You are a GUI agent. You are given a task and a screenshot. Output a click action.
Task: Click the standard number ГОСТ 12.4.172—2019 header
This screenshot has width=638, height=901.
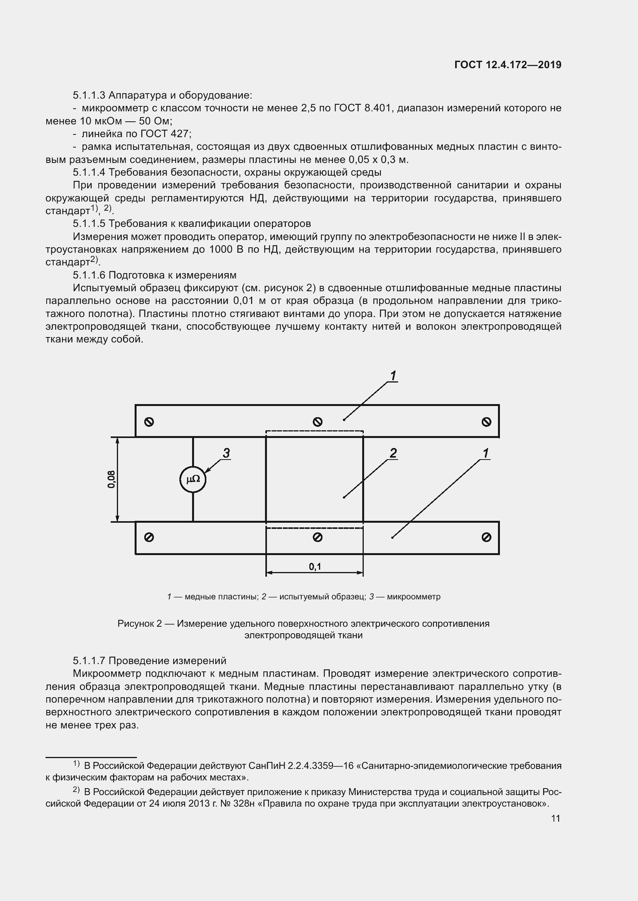(508, 65)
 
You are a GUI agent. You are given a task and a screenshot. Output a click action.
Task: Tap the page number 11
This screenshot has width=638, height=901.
(555, 818)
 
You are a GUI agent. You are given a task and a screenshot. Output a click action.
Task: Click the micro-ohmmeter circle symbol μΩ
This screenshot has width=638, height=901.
(193, 479)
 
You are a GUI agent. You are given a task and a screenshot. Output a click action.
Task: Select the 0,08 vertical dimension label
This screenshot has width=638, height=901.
(111, 479)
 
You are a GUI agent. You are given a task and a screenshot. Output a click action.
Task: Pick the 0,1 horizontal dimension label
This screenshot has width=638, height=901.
(315, 566)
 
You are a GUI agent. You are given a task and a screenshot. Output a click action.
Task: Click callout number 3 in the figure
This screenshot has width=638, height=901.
(226, 453)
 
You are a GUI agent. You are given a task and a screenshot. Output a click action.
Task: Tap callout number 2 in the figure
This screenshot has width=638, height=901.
(393, 453)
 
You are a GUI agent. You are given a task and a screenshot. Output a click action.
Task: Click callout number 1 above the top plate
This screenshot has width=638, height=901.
(393, 376)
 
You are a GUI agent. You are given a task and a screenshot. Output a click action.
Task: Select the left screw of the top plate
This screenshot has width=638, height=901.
(149, 422)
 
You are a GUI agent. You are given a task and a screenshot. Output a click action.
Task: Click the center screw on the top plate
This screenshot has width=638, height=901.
(317, 422)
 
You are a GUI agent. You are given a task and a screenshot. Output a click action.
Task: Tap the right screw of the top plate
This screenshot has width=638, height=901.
(486, 422)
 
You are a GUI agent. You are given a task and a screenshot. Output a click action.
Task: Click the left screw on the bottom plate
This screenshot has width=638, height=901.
(149, 537)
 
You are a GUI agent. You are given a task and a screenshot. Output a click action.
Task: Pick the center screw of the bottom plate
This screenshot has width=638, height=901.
(317, 537)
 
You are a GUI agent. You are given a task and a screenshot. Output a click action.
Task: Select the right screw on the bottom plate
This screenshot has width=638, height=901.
(486, 537)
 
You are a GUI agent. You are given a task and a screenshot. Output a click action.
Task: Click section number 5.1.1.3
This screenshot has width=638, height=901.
(89, 96)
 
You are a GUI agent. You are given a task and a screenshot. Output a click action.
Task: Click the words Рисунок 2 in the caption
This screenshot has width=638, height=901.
(140, 624)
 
